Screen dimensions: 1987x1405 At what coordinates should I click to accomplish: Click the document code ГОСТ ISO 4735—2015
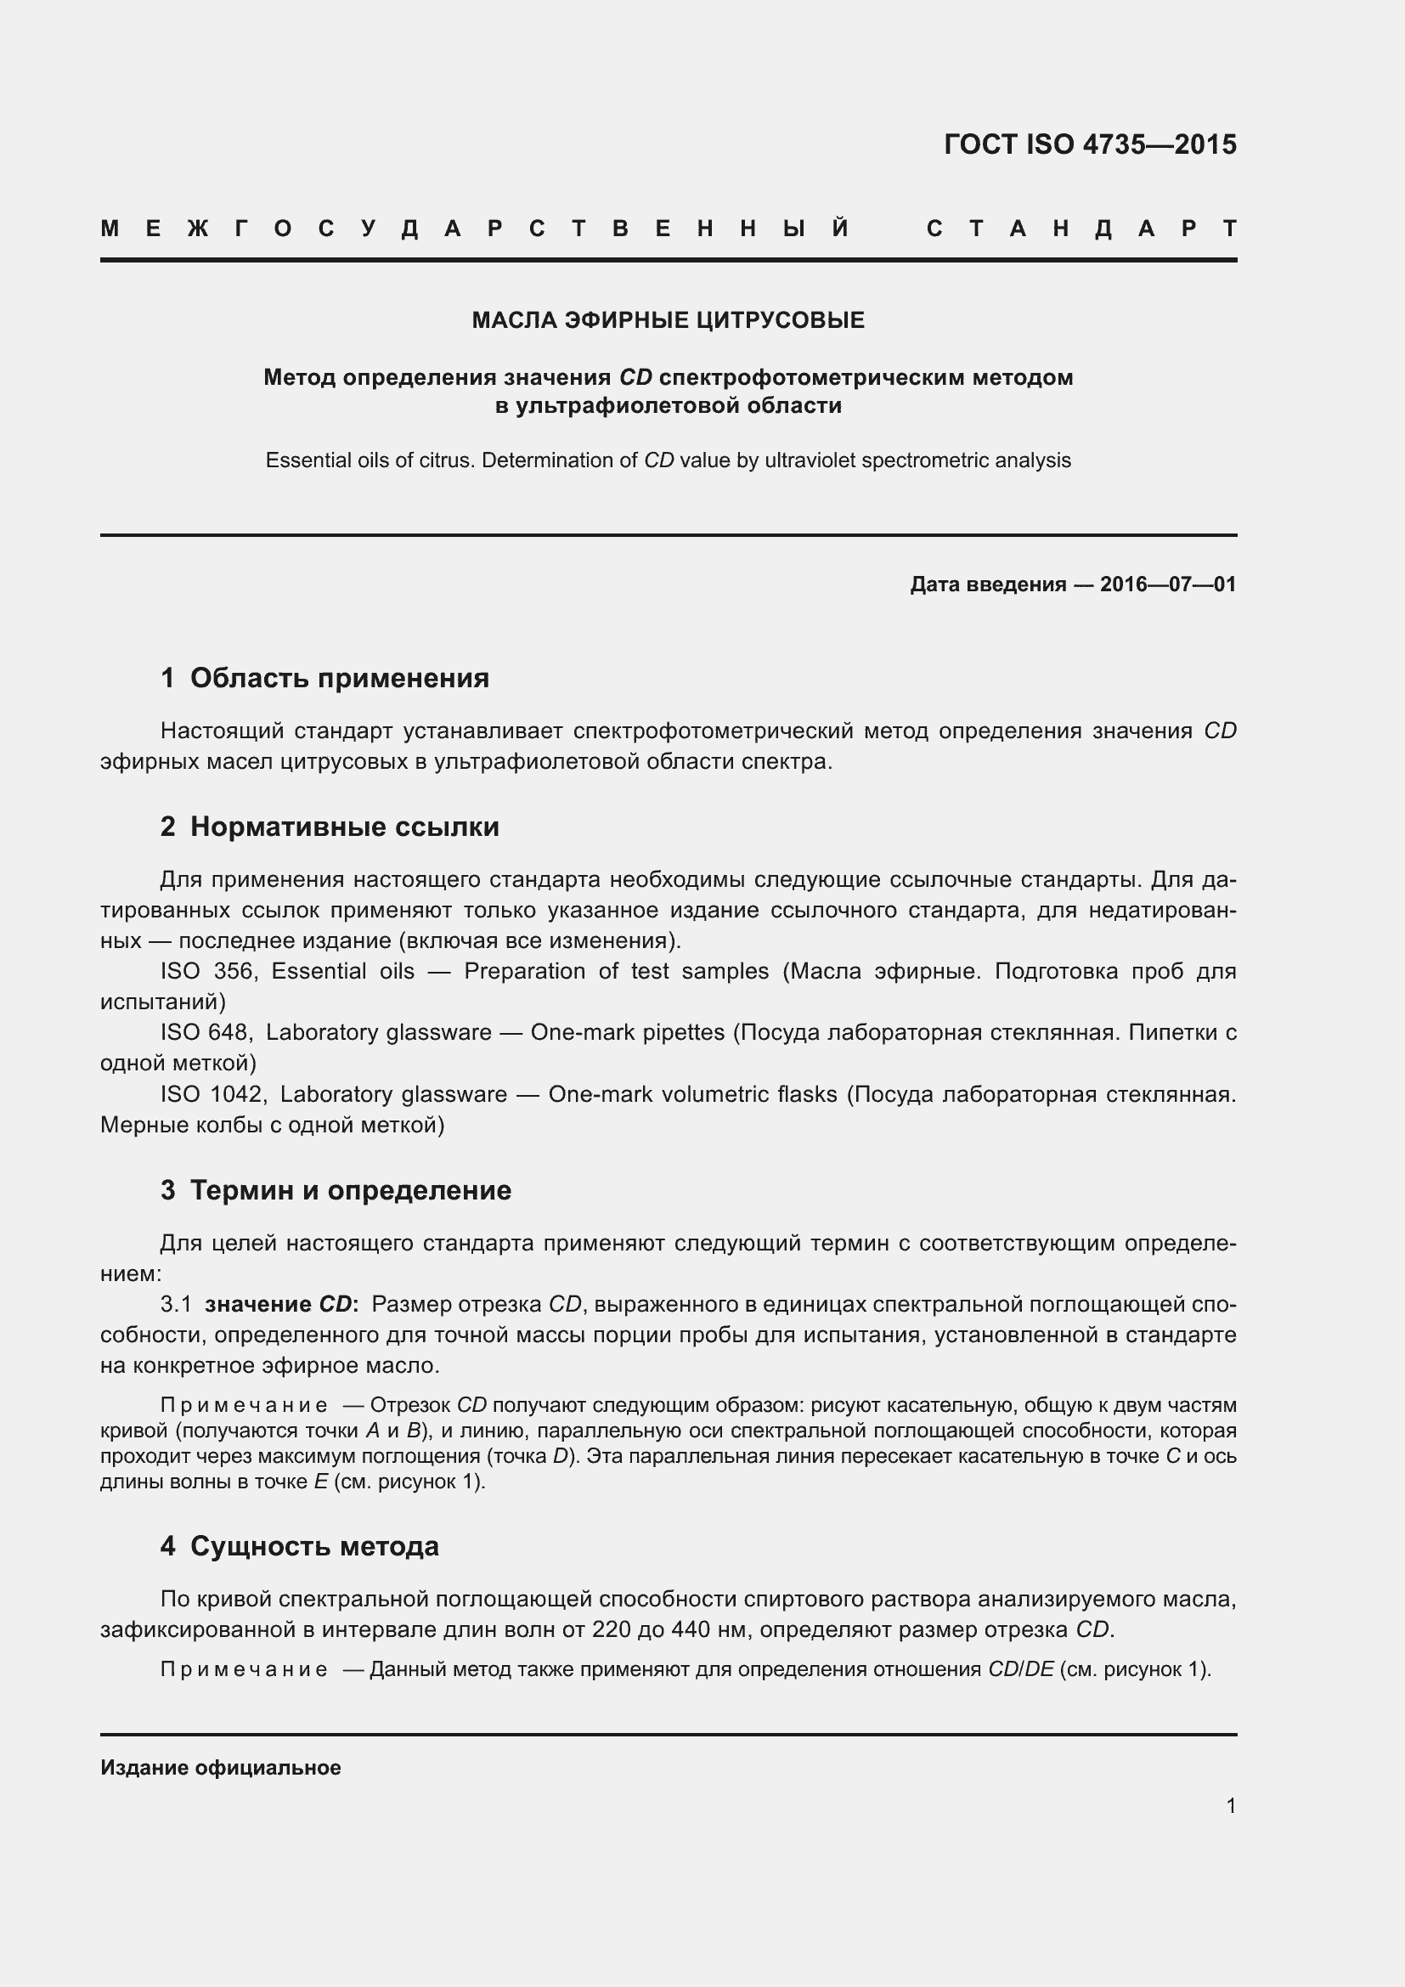click(x=1089, y=144)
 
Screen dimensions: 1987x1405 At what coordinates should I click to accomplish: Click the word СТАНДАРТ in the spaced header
click(x=1081, y=229)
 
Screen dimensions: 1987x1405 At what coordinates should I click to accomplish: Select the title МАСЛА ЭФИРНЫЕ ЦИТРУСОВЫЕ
click(x=668, y=321)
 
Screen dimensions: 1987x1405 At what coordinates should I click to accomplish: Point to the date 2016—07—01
click(x=1168, y=584)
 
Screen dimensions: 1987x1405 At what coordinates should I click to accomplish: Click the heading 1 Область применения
click(x=324, y=678)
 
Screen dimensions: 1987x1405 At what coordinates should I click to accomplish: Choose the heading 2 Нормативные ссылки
click(x=330, y=827)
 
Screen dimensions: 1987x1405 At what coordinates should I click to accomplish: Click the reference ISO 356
click(x=206, y=971)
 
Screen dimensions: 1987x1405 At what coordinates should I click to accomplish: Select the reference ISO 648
click(x=205, y=1032)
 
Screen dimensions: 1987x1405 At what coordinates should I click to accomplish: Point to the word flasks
click(x=807, y=1094)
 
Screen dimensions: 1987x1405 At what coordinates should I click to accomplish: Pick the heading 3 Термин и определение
click(x=336, y=1190)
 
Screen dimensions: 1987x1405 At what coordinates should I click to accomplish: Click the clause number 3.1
click(x=176, y=1304)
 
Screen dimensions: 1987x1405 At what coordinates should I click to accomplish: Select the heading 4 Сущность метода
click(x=299, y=1545)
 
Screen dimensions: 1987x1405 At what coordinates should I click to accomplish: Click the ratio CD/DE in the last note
click(x=1021, y=1669)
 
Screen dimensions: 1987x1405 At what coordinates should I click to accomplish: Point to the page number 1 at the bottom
click(x=1230, y=1805)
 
